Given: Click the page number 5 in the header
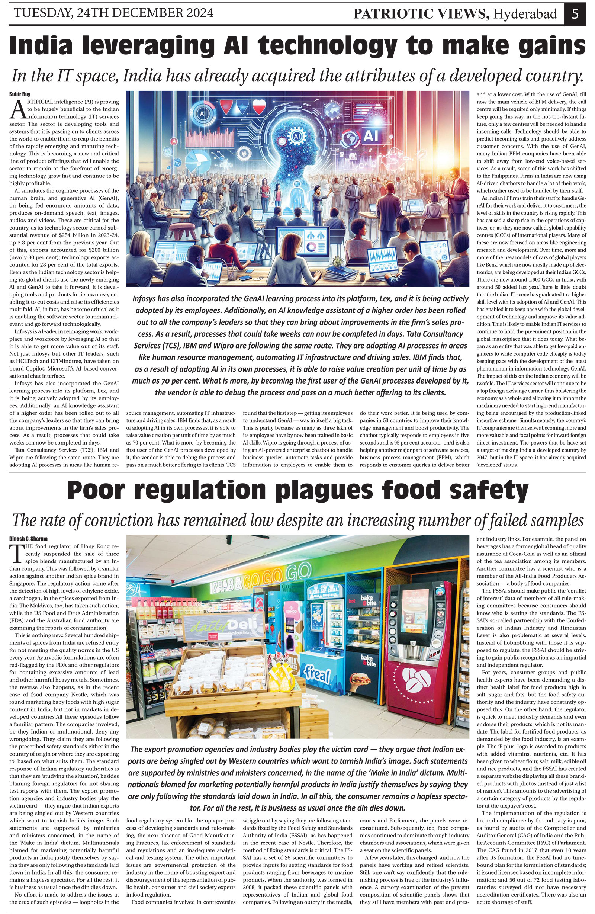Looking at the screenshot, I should tap(575, 13).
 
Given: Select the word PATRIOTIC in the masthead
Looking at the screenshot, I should tap(389, 14).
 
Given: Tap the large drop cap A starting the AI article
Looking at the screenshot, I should tap(17, 109).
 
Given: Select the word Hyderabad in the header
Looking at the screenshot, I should tap(525, 14).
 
